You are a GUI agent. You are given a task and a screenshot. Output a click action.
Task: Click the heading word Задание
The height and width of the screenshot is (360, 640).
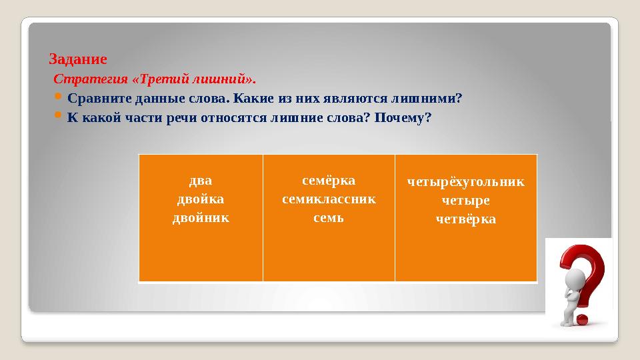click(78, 59)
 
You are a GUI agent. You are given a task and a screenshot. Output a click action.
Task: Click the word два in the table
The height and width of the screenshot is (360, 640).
click(200, 180)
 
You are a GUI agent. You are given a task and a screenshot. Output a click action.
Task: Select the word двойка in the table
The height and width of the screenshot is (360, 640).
click(200, 199)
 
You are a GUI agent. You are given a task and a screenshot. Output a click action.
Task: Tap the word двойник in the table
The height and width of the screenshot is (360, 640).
click(200, 217)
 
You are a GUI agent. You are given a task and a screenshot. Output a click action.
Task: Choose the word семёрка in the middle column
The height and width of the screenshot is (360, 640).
click(329, 181)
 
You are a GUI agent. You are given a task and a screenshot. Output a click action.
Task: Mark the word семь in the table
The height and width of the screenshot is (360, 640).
click(329, 217)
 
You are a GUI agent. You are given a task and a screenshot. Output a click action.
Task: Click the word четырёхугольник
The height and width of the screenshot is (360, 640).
click(465, 181)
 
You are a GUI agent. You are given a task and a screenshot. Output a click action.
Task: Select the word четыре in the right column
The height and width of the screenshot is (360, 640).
click(465, 199)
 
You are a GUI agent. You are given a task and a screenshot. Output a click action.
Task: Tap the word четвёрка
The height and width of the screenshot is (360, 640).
click(465, 219)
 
